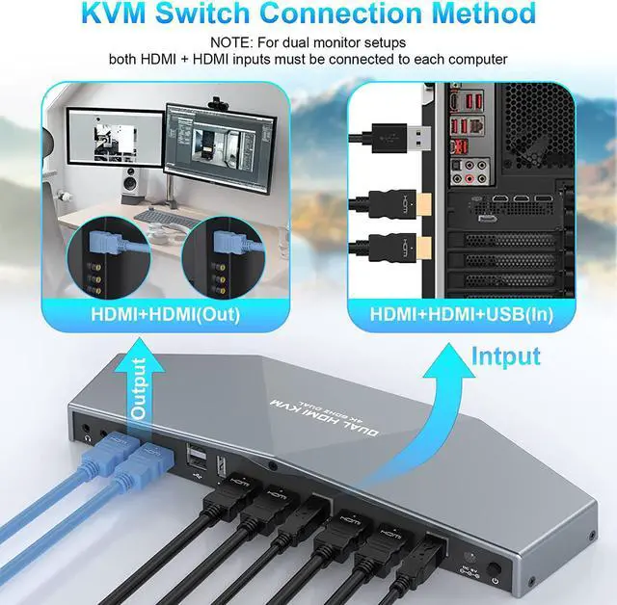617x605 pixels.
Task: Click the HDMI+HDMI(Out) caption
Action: pyautogui.click(x=165, y=314)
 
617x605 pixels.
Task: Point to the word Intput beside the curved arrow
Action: pyautogui.click(x=506, y=355)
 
